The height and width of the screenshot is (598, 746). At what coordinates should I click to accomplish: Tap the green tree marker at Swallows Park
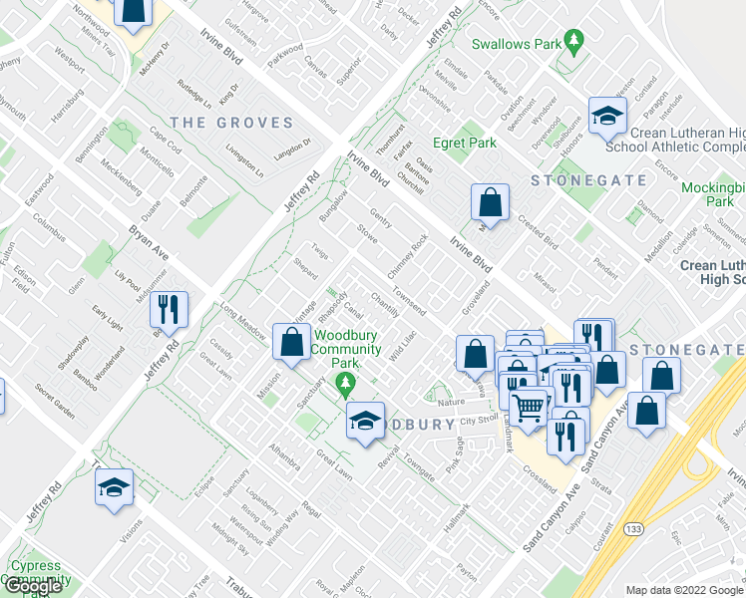click(573, 42)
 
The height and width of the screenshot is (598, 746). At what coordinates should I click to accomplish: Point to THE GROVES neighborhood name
click(231, 124)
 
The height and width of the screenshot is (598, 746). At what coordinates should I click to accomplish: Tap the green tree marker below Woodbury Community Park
click(346, 383)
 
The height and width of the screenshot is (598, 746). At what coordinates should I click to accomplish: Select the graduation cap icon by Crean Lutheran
click(606, 116)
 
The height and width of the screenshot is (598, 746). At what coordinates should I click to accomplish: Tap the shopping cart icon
click(529, 405)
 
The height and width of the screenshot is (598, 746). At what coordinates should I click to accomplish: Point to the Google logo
click(34, 586)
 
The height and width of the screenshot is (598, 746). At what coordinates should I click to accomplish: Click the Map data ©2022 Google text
click(685, 590)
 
